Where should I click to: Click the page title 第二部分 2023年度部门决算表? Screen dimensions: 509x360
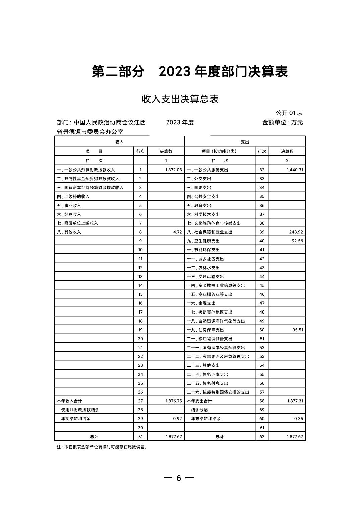tap(190, 72)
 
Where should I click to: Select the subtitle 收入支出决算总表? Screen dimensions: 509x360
tap(180, 99)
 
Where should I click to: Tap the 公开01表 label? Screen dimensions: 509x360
tap(289, 113)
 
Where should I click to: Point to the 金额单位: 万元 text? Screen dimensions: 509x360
tap(282, 122)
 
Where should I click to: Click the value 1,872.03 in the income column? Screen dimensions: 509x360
tap(173, 170)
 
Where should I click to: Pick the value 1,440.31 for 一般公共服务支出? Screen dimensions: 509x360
tap(295, 170)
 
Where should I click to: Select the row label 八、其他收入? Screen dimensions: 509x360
tap(69, 232)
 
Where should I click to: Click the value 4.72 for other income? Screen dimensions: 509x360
tap(177, 232)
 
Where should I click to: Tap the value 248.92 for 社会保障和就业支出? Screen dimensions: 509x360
tap(296, 232)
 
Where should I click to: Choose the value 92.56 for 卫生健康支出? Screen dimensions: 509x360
tap(297, 241)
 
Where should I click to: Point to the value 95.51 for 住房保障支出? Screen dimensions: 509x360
tap(297, 330)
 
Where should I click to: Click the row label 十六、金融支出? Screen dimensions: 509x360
tap(201, 303)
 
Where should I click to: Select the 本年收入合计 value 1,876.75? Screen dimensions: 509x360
tap(173, 401)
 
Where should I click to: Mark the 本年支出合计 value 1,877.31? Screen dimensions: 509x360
tap(295, 401)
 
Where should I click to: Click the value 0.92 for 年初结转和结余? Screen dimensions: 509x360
tap(177, 418)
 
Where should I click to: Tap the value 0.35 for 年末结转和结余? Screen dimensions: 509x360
tap(298, 418)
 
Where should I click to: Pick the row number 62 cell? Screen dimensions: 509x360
tap(262, 436)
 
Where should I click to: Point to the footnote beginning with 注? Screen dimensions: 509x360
tap(102, 447)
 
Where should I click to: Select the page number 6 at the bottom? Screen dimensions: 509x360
tap(179, 478)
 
